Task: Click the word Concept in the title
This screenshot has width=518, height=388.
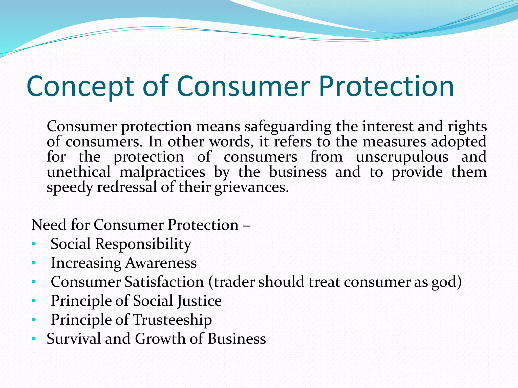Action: (80, 87)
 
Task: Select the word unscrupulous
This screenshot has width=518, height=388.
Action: (402, 157)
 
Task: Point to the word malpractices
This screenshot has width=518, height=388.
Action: (162, 172)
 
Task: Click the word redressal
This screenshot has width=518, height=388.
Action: (127, 187)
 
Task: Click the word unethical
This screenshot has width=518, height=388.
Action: (79, 172)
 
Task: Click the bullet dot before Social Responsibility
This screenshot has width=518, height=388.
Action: (34, 244)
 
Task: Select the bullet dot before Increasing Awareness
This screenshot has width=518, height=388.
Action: (34, 263)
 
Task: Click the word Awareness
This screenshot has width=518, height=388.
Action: (161, 263)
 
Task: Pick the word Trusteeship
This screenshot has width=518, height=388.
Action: (172, 320)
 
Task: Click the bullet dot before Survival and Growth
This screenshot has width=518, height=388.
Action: (34, 339)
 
